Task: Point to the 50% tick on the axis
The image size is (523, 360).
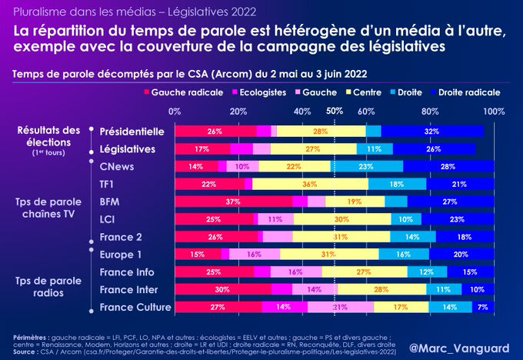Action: click(335, 111)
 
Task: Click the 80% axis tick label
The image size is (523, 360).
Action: click(430, 112)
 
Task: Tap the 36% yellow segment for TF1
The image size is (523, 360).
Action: click(310, 184)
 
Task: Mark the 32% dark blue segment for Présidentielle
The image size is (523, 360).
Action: click(433, 132)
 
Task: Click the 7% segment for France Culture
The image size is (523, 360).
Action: click(482, 308)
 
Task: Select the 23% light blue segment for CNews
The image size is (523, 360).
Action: click(366, 166)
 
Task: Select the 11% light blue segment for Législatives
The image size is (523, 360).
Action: click(374, 149)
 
